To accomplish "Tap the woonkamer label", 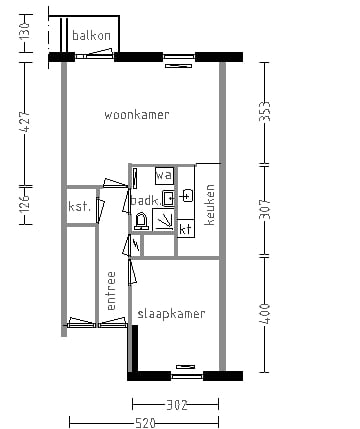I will [137, 115].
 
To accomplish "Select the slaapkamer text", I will [173, 314].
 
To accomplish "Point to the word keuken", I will [210, 204].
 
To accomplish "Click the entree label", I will [112, 297].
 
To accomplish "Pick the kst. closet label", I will [80, 207].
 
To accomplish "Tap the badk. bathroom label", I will [144, 200].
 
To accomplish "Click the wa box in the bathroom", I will [164, 176].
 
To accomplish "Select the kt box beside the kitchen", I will [186, 229].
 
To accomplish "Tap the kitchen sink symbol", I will [186, 195].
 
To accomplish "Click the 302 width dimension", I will [176, 405].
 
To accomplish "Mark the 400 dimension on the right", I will [265, 312].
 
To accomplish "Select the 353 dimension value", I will [265, 111].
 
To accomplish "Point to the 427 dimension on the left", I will [25, 122].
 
